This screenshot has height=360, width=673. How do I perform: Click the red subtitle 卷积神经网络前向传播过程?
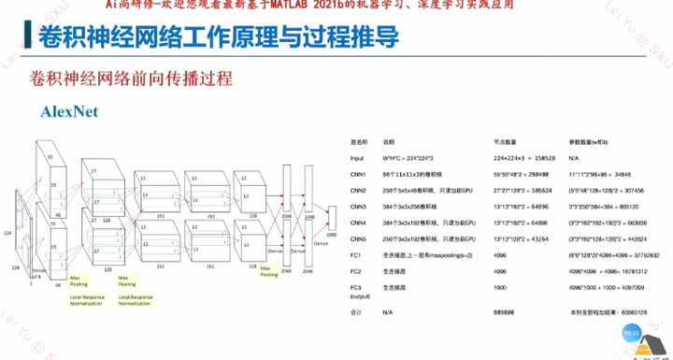(130, 77)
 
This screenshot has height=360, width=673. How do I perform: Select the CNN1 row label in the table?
(359, 174)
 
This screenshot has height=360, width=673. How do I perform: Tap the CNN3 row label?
(359, 206)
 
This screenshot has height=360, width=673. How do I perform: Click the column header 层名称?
(359, 143)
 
